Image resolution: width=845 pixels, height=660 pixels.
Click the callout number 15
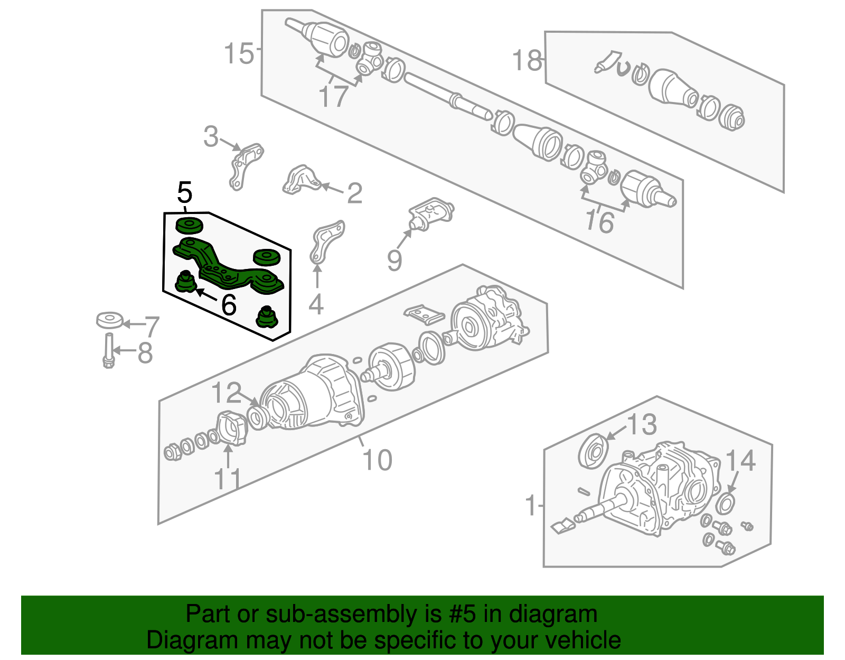239,53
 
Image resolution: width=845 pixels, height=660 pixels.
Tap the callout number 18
527,60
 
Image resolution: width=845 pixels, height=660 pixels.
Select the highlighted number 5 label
185,192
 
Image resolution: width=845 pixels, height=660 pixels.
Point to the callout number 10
377,460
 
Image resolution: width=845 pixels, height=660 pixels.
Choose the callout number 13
642,424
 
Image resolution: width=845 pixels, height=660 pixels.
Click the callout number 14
740,460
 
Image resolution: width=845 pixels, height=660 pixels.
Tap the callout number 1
531,505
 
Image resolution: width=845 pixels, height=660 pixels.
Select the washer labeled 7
110,320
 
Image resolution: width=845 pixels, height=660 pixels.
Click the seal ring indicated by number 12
257,417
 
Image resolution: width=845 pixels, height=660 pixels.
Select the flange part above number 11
232,429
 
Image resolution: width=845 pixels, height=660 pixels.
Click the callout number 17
333,96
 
